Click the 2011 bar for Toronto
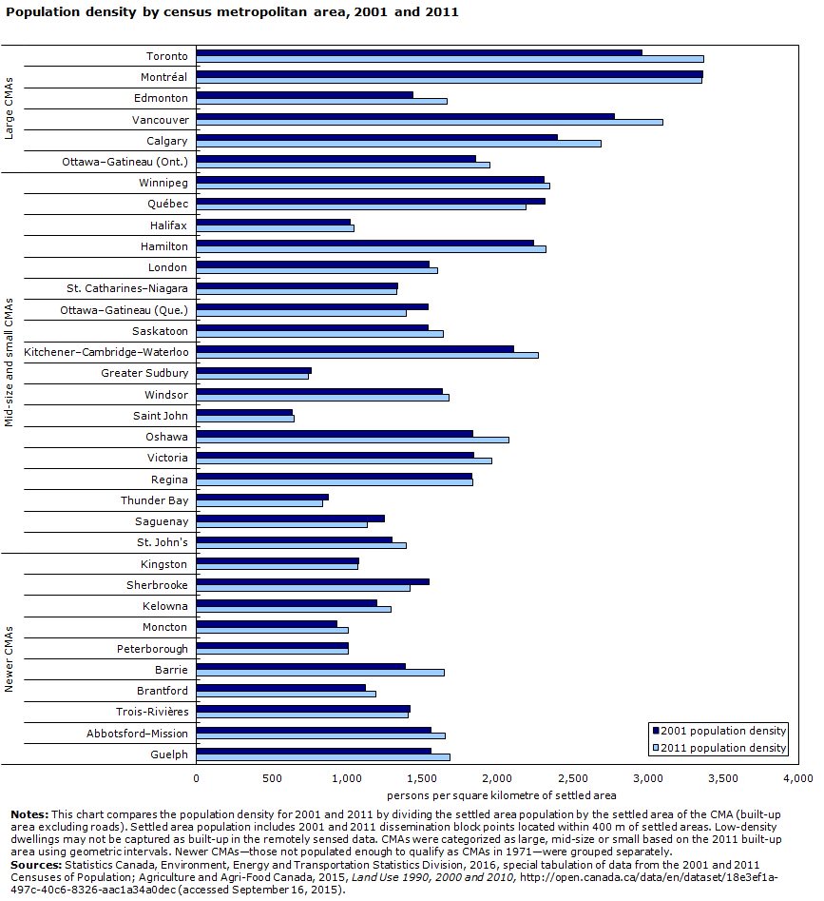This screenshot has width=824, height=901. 450,59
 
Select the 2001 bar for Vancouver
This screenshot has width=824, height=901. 405,116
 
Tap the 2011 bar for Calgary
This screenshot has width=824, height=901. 398,144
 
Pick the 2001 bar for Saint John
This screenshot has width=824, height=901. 244,412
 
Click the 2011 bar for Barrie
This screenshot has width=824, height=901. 320,673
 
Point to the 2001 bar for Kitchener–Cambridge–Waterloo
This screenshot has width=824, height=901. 355,348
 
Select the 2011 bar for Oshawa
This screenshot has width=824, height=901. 353,440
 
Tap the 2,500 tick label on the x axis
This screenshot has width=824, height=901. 573,778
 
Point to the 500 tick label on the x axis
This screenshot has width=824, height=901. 272,778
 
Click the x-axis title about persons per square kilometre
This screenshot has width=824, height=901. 502,794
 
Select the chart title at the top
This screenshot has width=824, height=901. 232,12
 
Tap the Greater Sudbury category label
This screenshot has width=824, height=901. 144,373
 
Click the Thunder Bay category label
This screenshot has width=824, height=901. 154,500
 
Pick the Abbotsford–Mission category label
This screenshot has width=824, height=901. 137,734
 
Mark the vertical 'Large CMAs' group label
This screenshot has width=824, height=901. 9,108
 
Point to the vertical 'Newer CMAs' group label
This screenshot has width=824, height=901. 9,658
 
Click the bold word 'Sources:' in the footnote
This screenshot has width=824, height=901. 35,864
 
